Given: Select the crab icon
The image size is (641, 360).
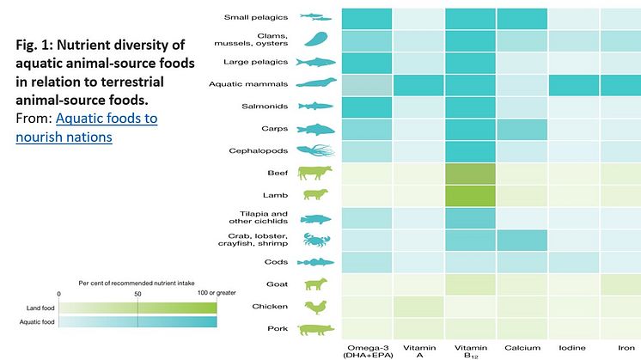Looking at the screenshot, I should [314, 240].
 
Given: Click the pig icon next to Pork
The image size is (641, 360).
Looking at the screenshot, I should [314, 329].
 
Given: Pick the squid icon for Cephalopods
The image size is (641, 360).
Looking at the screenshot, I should [314, 150].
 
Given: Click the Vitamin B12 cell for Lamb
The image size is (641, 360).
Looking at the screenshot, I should [470, 195].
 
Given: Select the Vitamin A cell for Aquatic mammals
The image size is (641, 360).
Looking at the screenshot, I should [418, 84].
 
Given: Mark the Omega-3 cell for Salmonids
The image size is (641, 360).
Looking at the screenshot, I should [367, 107].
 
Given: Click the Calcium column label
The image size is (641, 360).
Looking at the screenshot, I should [522, 349].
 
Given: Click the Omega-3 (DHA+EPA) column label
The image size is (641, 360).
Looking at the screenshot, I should [367, 352].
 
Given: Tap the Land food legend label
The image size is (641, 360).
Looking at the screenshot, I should [35, 307].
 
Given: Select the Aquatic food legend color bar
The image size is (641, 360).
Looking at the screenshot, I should [137, 321].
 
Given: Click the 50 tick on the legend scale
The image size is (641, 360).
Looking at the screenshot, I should [138, 294].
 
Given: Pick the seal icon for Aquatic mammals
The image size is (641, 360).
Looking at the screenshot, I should [314, 84].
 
